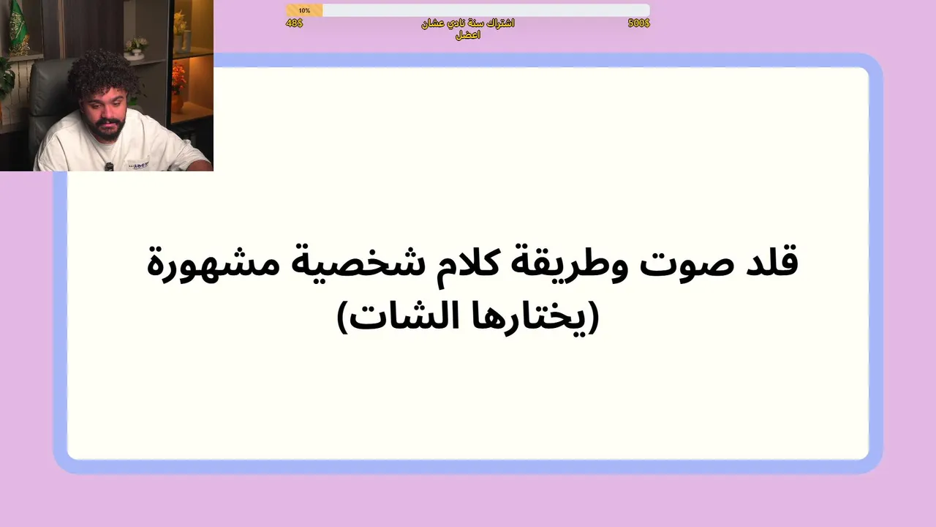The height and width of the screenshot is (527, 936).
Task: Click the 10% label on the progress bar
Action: click(304, 10)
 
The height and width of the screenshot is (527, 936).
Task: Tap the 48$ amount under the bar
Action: click(294, 23)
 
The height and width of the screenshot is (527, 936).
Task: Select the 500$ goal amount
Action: click(639, 23)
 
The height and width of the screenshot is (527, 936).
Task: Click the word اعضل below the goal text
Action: click(468, 35)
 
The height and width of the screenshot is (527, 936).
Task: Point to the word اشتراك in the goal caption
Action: click(499, 23)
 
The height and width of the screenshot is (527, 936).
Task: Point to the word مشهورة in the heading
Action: click(213, 263)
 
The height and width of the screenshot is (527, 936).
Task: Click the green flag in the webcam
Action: click(18, 26)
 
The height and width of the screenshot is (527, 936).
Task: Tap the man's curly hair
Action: click(102, 75)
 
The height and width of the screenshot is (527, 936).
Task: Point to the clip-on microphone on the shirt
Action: click(110, 167)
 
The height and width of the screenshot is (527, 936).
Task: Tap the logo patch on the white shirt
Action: click(138, 165)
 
